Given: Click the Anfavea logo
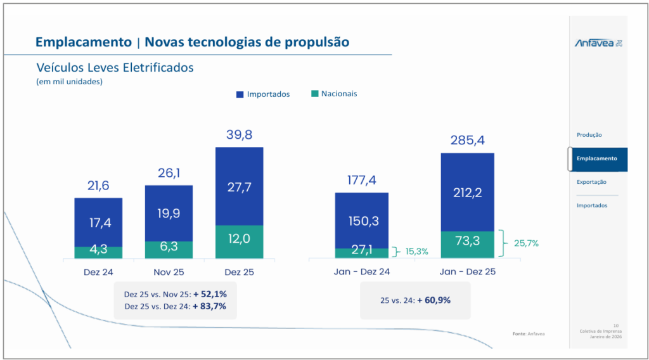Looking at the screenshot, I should point(598,43).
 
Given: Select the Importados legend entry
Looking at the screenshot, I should point(263,94).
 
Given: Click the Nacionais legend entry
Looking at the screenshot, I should point(334,94).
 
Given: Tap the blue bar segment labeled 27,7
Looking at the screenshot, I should point(239,186).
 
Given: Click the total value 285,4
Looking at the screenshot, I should point(467,140).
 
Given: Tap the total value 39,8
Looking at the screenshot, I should point(239,135).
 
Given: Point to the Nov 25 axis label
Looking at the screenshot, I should point(169,271).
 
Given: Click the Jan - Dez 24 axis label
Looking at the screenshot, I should point(361,271).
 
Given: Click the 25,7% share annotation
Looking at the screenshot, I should point(526,243).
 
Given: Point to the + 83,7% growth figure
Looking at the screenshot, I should point(209,306).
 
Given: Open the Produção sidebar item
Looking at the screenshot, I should point(589,135).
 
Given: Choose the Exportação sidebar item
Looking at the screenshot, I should point(591,182).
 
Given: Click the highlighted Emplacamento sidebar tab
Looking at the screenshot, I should point(596,158).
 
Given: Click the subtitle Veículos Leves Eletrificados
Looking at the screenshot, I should point(115,68).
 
